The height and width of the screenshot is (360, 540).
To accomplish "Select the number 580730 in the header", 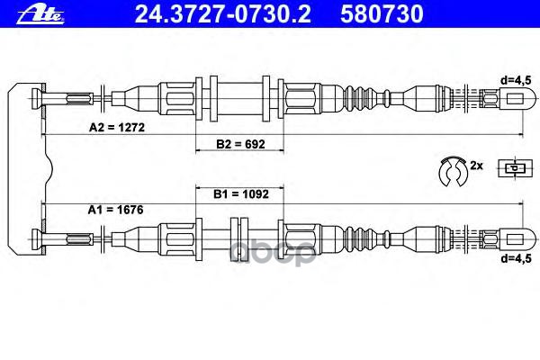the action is pyautogui.click(x=355, y=13).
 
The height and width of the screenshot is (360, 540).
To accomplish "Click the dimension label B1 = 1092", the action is pyautogui.click(x=238, y=193).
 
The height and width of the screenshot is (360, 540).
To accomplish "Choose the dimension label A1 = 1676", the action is pyautogui.click(x=115, y=210).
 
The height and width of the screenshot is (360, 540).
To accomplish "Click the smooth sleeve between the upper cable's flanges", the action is pyautogui.click(x=240, y=94).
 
